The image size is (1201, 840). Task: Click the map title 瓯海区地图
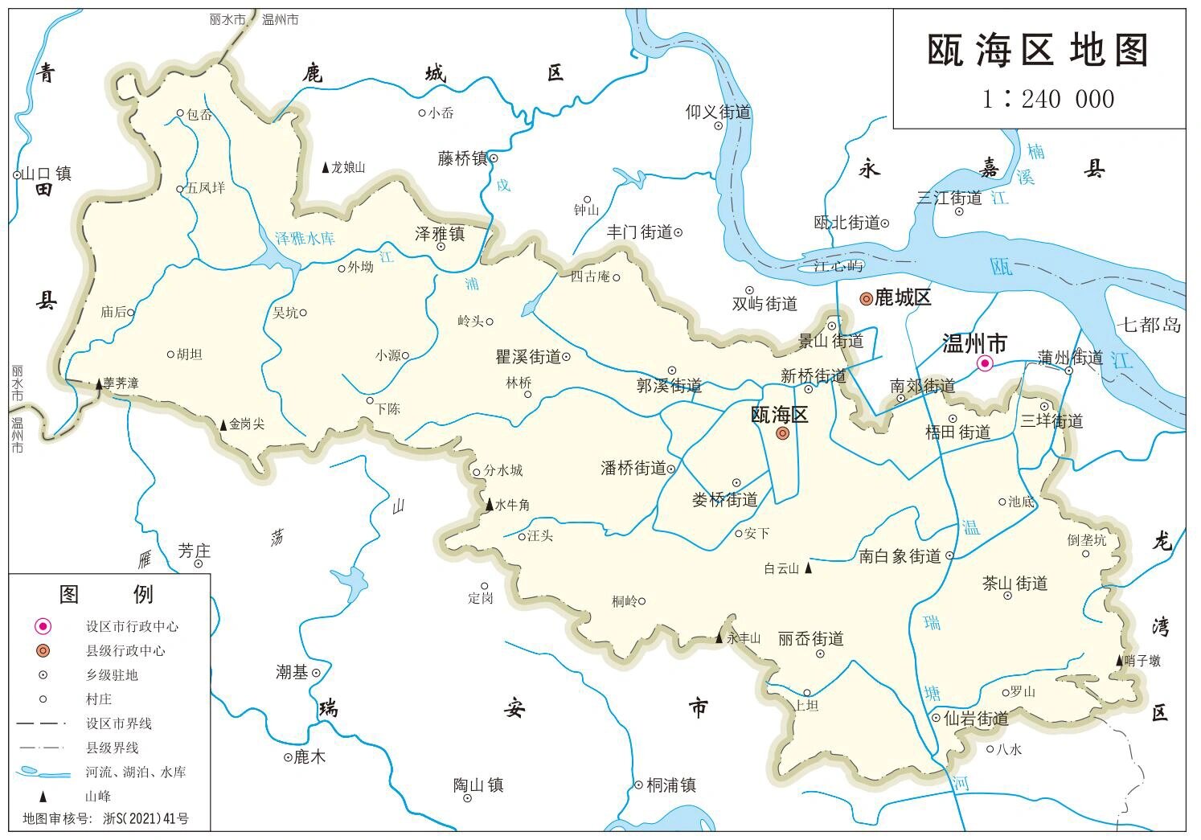click(x=1038, y=51)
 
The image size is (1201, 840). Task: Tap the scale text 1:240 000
click(x=1047, y=99)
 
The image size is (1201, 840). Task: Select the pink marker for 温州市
click(x=984, y=364)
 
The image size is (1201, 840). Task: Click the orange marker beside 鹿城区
click(x=866, y=299)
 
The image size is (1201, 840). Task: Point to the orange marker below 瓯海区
click(x=782, y=434)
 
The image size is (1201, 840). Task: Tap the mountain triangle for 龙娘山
click(x=325, y=168)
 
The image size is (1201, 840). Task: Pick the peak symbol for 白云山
click(x=809, y=568)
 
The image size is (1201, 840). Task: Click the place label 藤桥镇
click(x=462, y=158)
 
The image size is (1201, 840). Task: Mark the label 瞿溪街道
click(x=527, y=357)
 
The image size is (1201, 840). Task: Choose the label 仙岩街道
click(x=975, y=718)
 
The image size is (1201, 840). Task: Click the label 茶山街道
click(x=1014, y=583)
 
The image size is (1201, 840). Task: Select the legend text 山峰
click(x=98, y=796)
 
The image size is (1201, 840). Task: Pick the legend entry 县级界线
click(x=112, y=748)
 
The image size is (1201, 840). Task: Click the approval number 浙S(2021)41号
click(x=146, y=819)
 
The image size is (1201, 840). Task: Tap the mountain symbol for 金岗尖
click(x=223, y=424)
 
